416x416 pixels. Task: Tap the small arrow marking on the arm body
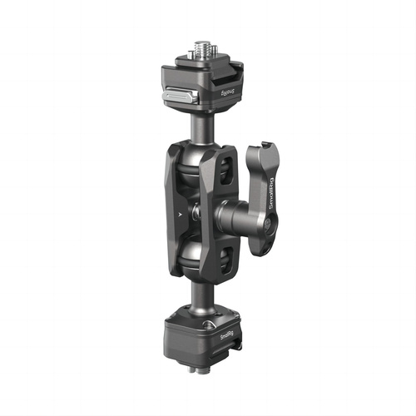point(181,213)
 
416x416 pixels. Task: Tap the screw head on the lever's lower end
point(269,225)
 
